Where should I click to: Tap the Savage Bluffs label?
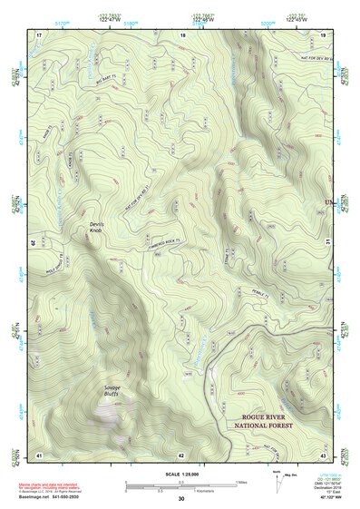105,391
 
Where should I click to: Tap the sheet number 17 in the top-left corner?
39,34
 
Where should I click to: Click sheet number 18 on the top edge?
182,34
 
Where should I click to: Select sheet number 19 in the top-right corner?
323,34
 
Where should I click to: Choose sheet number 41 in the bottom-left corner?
39,454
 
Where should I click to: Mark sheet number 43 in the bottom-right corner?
323,454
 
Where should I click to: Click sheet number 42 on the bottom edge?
181,454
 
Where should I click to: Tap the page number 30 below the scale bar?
181,499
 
